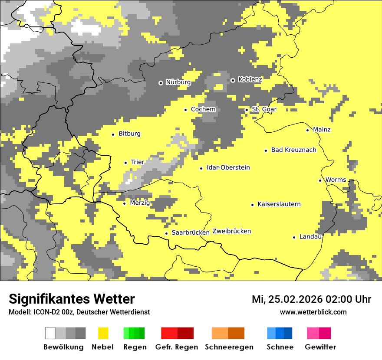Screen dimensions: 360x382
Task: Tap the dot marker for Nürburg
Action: [x=161, y=82]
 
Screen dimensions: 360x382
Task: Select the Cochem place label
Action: [x=203, y=109]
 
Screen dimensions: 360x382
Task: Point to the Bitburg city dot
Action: [x=113, y=134]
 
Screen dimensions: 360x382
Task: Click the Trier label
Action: [x=138, y=162]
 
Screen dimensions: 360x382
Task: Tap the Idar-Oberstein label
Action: [x=228, y=168]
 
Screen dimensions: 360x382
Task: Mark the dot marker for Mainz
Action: [x=307, y=130]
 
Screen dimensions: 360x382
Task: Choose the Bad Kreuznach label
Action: [x=293, y=150]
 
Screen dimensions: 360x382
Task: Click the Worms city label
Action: [x=336, y=180]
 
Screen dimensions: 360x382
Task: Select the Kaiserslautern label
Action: [x=279, y=204]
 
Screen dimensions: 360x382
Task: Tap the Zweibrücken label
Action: [x=232, y=231]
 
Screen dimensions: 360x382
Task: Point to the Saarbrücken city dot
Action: [x=166, y=233]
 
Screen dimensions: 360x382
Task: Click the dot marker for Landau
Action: [x=294, y=237]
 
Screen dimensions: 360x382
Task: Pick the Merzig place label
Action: [x=140, y=203]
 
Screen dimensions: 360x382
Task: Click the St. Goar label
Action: [x=264, y=109]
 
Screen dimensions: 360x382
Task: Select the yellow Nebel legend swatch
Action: [x=103, y=333]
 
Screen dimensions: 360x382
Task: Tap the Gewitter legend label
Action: [x=320, y=347]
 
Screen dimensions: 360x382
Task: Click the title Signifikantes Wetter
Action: [x=72, y=299]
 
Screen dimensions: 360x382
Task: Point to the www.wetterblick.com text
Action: [x=313, y=312]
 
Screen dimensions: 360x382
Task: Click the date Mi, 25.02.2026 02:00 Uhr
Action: [x=311, y=299]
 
